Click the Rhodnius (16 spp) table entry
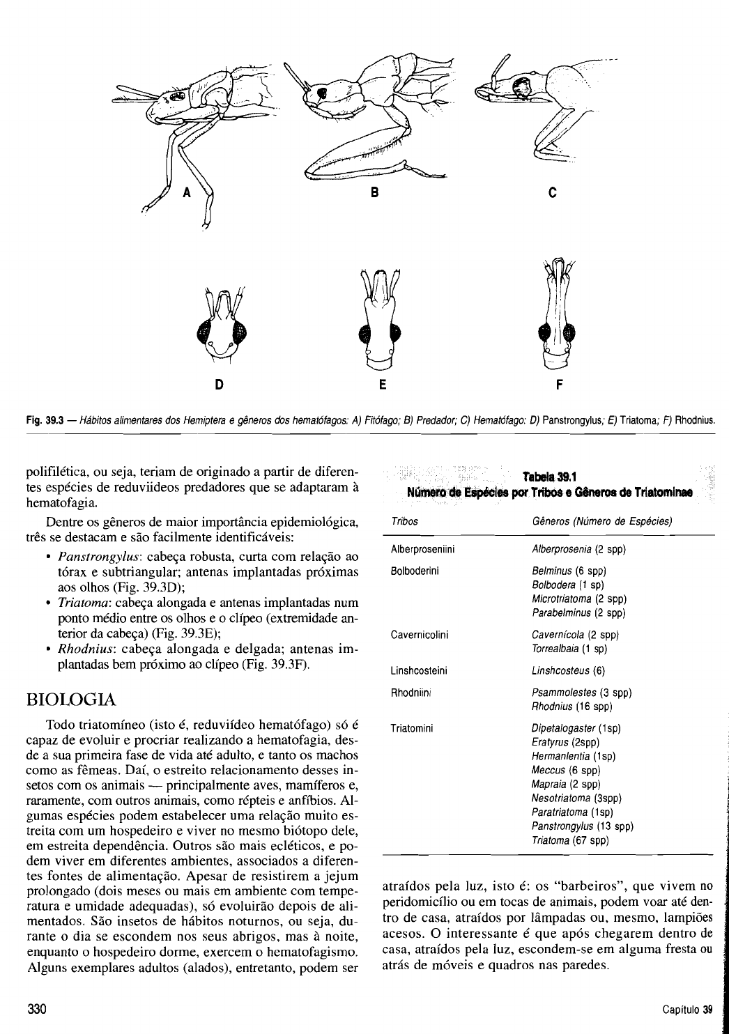[x=571, y=707]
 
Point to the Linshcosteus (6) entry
[x=568, y=671]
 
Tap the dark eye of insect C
[x=521, y=87]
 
